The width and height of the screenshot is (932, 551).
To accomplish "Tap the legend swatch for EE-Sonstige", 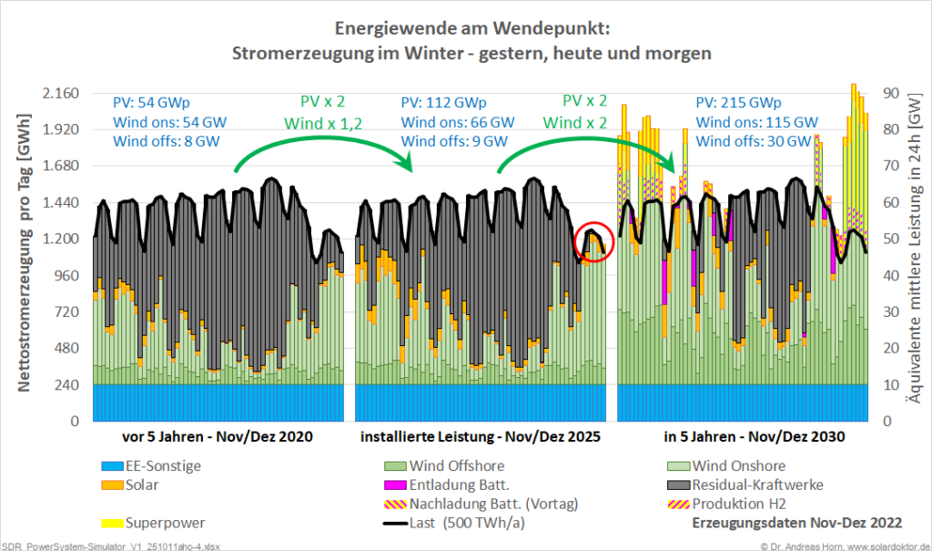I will coord(113,466).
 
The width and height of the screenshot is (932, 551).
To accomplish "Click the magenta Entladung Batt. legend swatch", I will coord(395,485).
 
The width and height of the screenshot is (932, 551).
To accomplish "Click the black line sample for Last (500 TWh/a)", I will coord(396,523).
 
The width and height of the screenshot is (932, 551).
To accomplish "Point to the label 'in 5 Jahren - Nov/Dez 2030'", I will coord(755,437).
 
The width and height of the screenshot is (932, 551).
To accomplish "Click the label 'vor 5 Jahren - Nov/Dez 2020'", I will coord(217,437).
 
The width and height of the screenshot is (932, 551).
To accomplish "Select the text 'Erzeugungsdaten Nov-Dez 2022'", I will coord(797,523).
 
